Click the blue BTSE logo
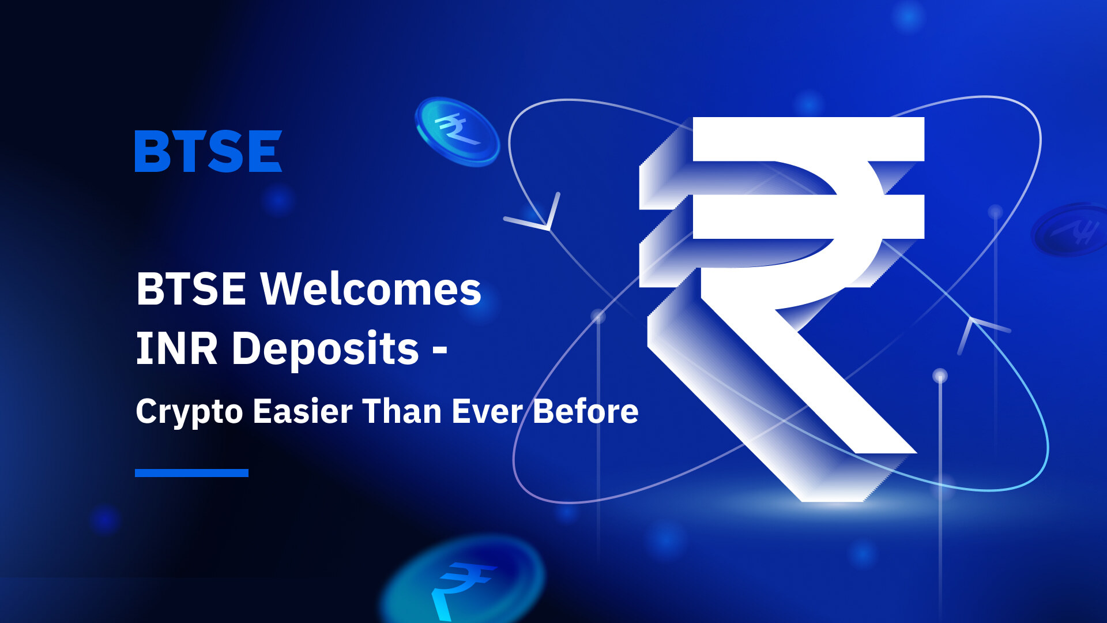[x=208, y=151]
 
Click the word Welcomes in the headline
[x=371, y=288]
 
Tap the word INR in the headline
[x=176, y=348]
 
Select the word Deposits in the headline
[x=325, y=350]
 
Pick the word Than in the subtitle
[x=402, y=411]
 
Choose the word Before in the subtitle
[x=585, y=411]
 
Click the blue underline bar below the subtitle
[x=191, y=473]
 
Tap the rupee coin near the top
[x=458, y=131]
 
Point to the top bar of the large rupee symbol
[x=808, y=139]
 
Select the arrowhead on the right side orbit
[x=980, y=332]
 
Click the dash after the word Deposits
[x=440, y=350]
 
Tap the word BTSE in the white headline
[x=191, y=288]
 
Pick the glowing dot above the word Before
[x=598, y=316]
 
